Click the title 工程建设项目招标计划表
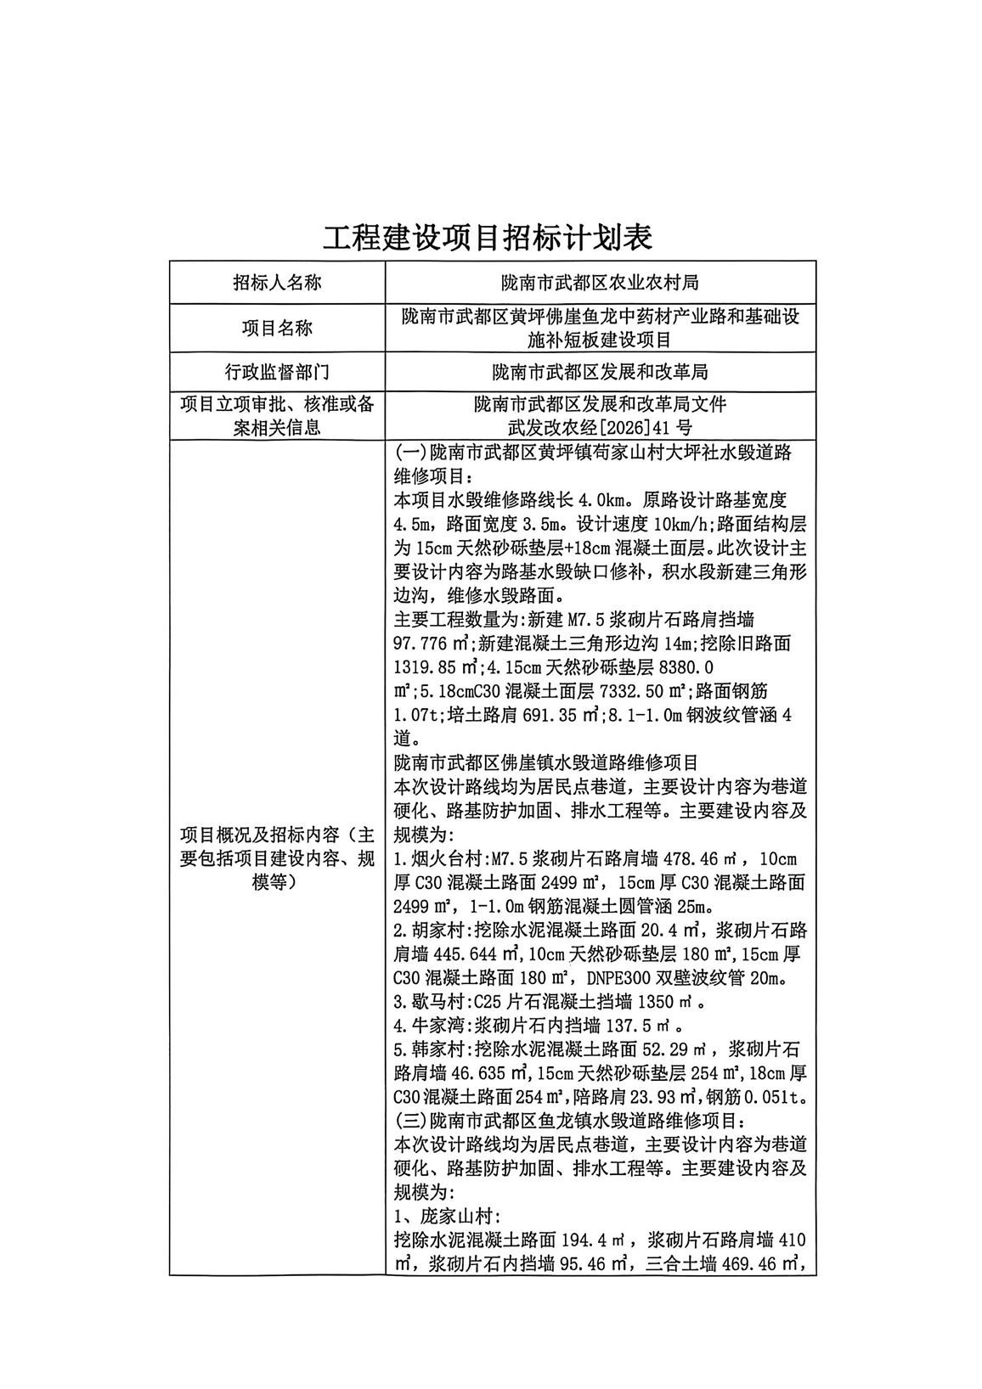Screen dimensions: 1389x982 (488, 238)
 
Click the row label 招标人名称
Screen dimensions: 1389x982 (277, 283)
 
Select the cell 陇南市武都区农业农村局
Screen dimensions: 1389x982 (601, 283)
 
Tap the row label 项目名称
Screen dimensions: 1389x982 (277, 329)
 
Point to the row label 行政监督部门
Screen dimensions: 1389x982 (277, 372)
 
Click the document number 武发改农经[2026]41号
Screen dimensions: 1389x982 (600, 427)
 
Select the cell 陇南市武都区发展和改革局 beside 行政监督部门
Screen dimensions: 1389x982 (601, 372)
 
